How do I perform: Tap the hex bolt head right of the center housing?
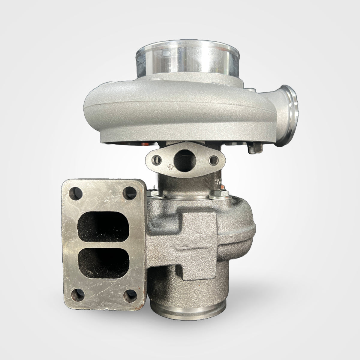click(x=215, y=197)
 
